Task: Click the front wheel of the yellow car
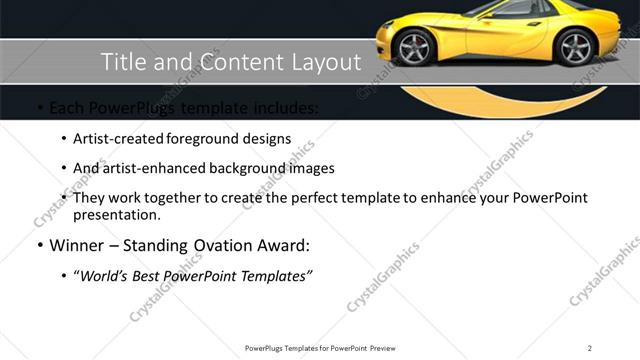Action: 415,47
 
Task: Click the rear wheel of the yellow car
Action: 575,47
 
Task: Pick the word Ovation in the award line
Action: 214,245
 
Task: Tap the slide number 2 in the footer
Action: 590,348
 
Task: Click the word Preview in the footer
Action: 387,348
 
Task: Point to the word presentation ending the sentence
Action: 117,214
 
